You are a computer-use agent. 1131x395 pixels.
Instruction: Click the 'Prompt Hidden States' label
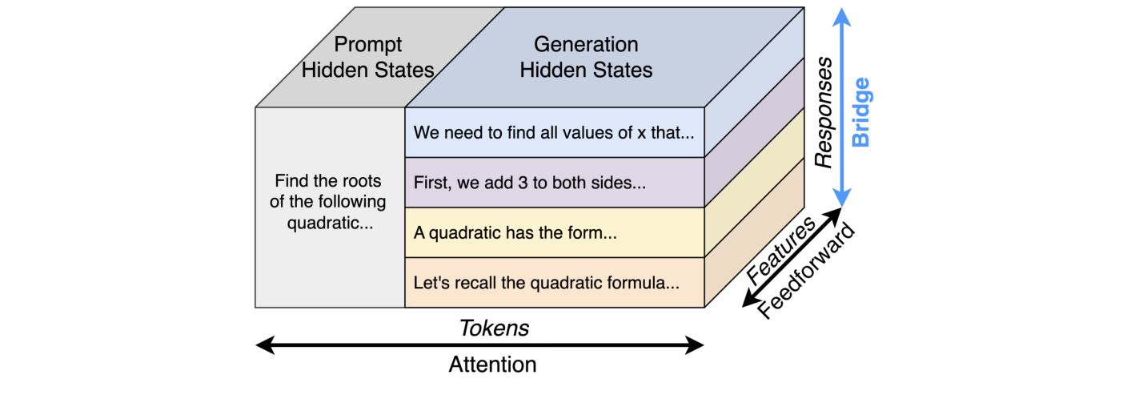(367, 56)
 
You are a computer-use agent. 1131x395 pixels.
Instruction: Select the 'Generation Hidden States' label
(586, 56)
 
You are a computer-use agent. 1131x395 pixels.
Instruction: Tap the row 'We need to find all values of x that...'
(554, 132)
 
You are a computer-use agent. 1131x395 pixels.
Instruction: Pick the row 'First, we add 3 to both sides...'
(530, 183)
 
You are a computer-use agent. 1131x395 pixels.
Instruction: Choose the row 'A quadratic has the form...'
(515, 233)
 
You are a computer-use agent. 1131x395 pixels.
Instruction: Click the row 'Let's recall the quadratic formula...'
(546, 283)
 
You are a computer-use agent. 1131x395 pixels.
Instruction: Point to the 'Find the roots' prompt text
(328, 181)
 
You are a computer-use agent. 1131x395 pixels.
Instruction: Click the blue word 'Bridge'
(861, 112)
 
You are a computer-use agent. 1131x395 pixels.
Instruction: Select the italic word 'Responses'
(824, 112)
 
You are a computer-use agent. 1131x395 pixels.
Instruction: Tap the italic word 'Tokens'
(494, 328)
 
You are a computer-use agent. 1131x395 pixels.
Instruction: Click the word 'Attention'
(492, 365)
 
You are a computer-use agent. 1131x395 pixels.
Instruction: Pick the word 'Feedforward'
(807, 271)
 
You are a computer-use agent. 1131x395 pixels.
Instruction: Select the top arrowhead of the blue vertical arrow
(840, 14)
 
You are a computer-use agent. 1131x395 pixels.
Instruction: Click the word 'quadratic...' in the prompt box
(330, 222)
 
